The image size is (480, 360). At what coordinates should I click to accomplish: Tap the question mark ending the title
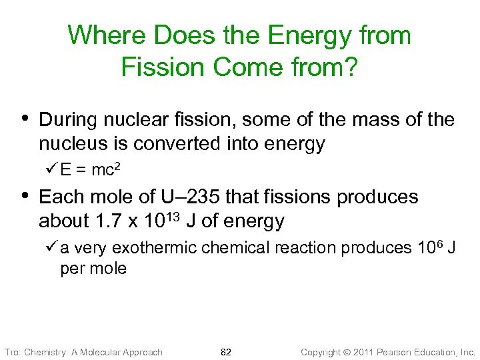[351, 67]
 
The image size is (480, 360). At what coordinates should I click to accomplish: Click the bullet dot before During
[25, 119]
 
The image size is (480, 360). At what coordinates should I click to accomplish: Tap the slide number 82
[225, 352]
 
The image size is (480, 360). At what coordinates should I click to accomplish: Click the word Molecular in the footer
[103, 352]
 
